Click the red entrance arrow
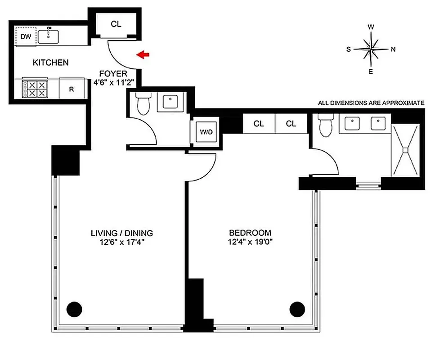(x=144, y=55)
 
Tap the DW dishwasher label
(x=25, y=36)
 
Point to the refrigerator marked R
(x=72, y=89)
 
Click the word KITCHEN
(x=51, y=63)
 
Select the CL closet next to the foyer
(x=116, y=24)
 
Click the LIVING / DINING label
(x=122, y=233)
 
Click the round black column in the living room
(x=74, y=309)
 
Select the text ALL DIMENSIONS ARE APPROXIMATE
(x=371, y=103)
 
